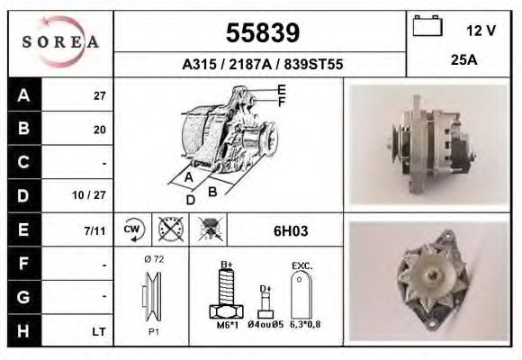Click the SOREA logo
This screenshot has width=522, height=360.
(59, 42)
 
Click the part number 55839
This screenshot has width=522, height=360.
(261, 33)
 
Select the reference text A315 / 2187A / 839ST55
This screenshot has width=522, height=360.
(261, 66)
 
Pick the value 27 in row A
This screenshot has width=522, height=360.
(99, 96)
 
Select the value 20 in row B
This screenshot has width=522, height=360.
(99, 130)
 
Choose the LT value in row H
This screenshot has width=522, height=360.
(98, 331)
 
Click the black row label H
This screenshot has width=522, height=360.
(22, 331)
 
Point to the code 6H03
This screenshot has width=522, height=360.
(291, 230)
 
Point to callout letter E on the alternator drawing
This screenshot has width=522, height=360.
(282, 89)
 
